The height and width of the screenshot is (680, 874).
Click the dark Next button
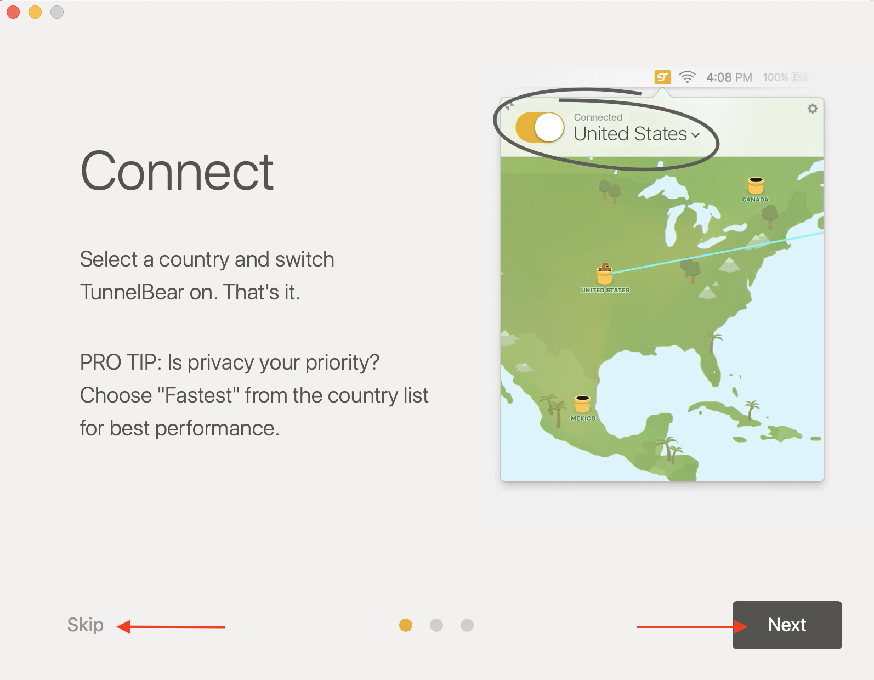(x=787, y=625)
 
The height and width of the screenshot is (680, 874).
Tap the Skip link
(x=86, y=625)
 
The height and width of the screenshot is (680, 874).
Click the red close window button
(x=13, y=12)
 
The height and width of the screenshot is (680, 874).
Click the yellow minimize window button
(x=35, y=12)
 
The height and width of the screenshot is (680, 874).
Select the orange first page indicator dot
(x=405, y=625)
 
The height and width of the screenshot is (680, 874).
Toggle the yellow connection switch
(x=540, y=127)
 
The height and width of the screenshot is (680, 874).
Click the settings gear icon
(x=813, y=109)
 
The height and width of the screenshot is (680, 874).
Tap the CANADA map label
(x=755, y=200)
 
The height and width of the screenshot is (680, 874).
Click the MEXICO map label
(x=583, y=418)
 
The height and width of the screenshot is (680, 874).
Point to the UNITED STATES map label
(x=605, y=290)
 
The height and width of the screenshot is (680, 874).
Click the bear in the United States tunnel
(x=605, y=268)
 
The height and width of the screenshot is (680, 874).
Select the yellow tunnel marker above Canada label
(x=756, y=185)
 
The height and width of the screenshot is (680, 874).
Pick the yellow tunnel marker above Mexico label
(x=582, y=404)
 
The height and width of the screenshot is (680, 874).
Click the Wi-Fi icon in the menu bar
(x=687, y=77)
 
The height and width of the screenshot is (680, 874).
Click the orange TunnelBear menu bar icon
(x=662, y=77)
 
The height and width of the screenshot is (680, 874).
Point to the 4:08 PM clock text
(x=729, y=77)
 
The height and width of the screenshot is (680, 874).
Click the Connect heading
(x=177, y=171)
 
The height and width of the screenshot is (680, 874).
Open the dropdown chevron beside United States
(x=695, y=135)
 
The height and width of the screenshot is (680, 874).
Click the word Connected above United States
(x=598, y=117)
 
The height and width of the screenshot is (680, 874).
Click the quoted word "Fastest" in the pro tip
(x=198, y=395)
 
